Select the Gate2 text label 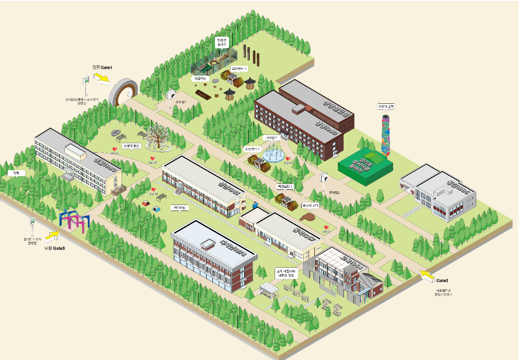tap(442, 280)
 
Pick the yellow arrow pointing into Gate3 tap(54, 236)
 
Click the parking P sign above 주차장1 tap(170, 94)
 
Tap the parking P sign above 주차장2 tap(324, 178)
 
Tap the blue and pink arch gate tap(74, 220)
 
